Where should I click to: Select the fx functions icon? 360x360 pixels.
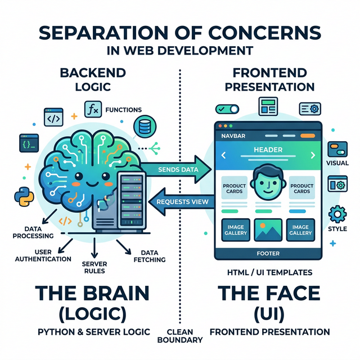coord(91,109)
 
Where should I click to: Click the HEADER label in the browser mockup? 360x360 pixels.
coord(268,150)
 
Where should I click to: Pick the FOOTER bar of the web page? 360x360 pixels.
coord(268,253)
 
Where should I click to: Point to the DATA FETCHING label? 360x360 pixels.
coord(148,256)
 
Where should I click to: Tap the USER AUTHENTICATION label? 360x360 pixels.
coord(45,255)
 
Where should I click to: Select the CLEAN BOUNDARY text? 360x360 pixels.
coord(184,336)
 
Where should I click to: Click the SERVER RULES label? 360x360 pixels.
coord(94,267)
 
